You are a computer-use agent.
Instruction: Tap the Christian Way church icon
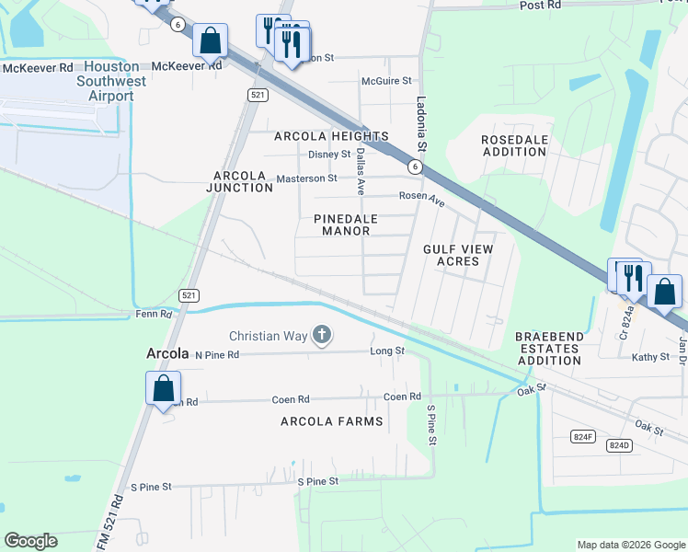[x=322, y=335]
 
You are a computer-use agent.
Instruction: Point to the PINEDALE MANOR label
[x=341, y=225]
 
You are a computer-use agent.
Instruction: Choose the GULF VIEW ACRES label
[x=457, y=255]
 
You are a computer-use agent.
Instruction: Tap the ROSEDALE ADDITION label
[x=514, y=145]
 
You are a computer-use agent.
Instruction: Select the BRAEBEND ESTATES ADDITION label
[x=548, y=349]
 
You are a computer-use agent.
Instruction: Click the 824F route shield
[x=581, y=437]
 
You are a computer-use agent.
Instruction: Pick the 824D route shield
[x=620, y=445]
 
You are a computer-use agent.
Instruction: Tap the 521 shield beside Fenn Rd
[x=189, y=294]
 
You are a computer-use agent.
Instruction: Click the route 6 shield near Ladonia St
[x=416, y=167]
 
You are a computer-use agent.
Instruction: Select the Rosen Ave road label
[x=421, y=196]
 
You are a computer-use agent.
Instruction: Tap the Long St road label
[x=386, y=351]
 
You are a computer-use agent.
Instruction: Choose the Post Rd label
[x=540, y=6]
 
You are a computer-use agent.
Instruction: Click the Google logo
[x=30, y=541]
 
